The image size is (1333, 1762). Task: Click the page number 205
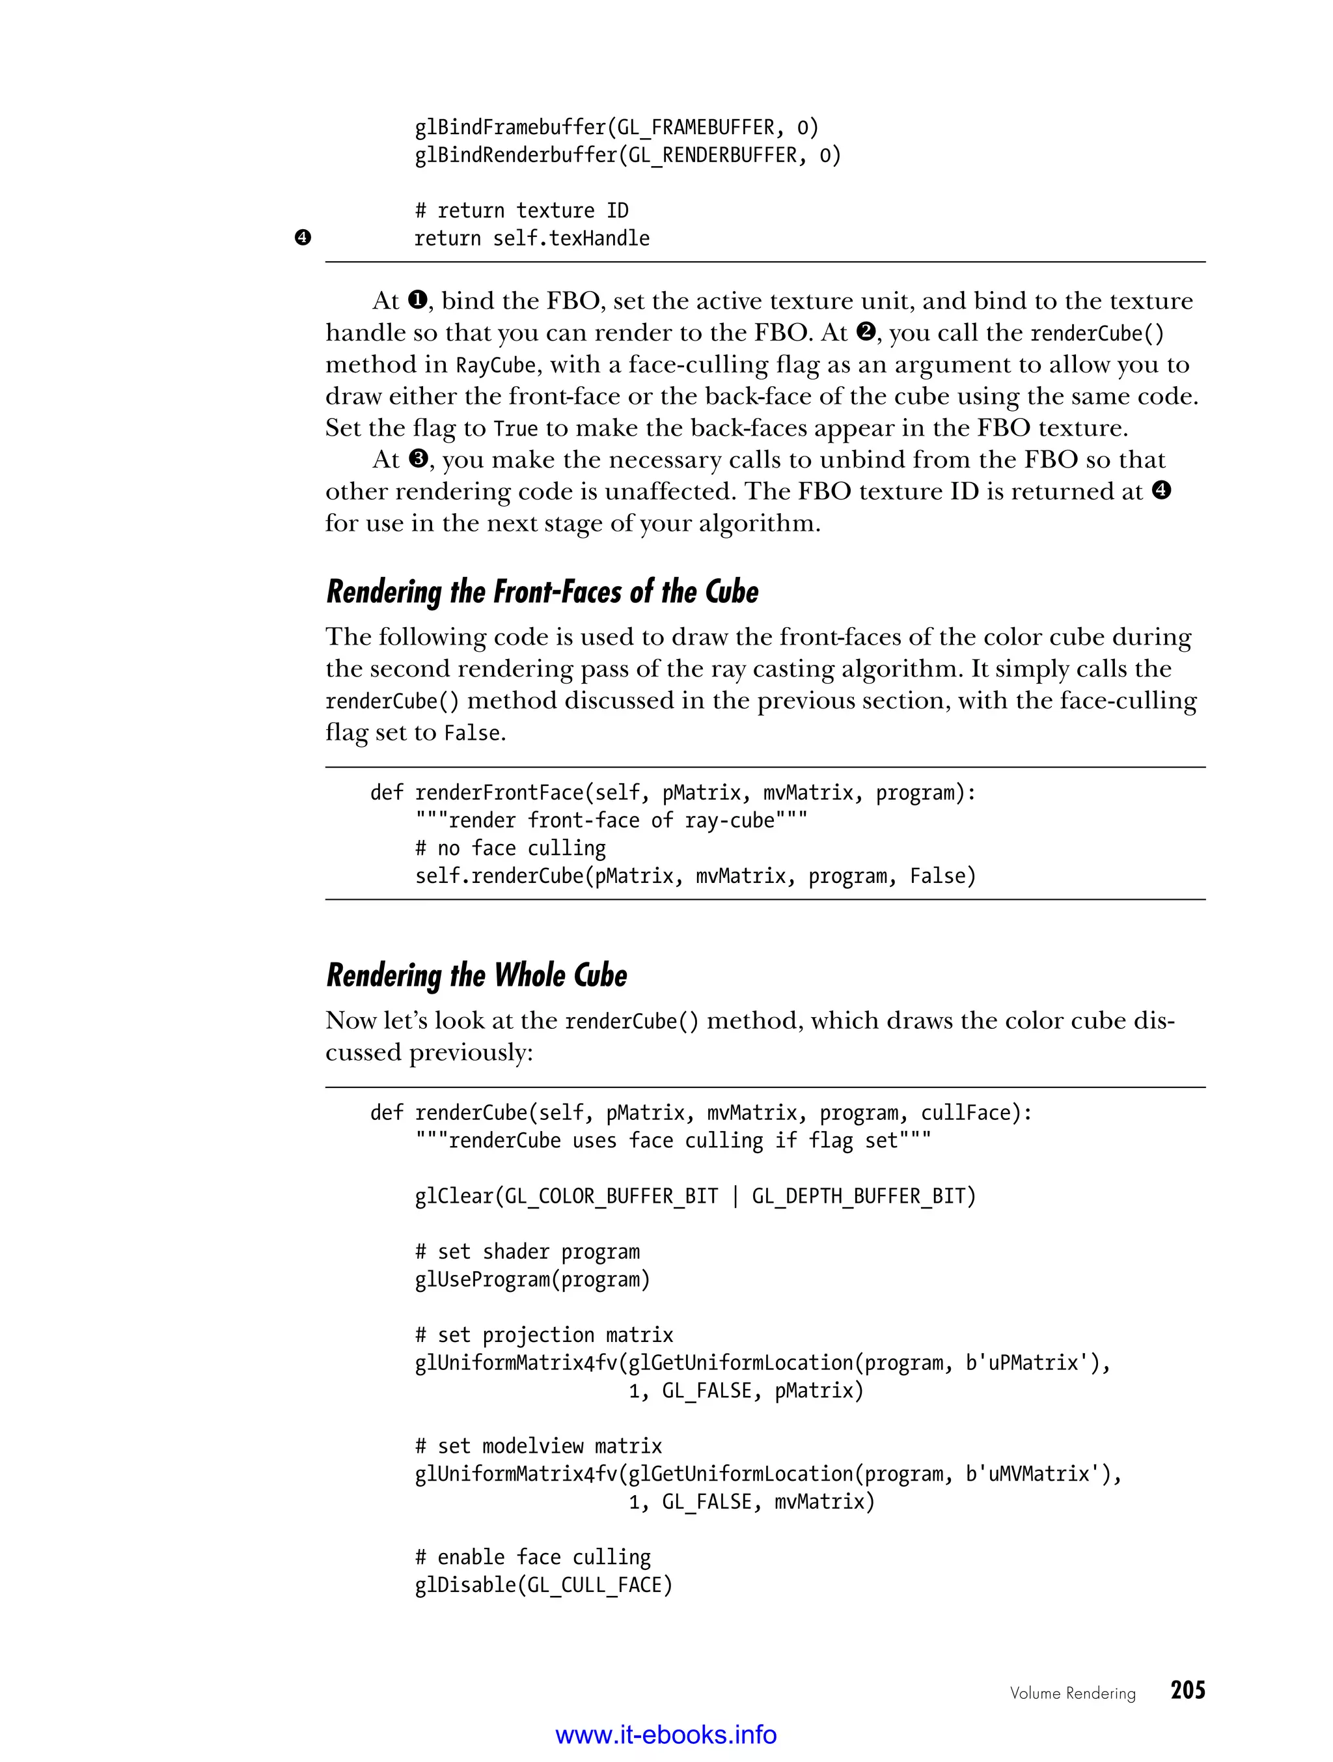tap(1187, 1690)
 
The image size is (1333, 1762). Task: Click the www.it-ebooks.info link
tap(666, 1734)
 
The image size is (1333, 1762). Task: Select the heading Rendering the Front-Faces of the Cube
tap(542, 593)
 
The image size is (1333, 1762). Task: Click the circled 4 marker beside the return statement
tap(303, 238)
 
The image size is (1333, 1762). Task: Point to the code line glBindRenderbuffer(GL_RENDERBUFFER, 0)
tap(627, 156)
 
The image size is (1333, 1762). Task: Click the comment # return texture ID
tap(521, 210)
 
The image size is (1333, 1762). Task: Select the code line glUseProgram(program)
tap(532, 1280)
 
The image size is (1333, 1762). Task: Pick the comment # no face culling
tap(510, 848)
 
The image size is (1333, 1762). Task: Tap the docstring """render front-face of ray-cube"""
tap(611, 820)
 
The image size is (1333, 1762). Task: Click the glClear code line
tap(695, 1196)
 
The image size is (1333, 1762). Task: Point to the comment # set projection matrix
tap(544, 1335)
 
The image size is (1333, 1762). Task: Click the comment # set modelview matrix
tap(538, 1446)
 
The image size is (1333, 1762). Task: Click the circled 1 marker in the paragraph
tap(417, 300)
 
